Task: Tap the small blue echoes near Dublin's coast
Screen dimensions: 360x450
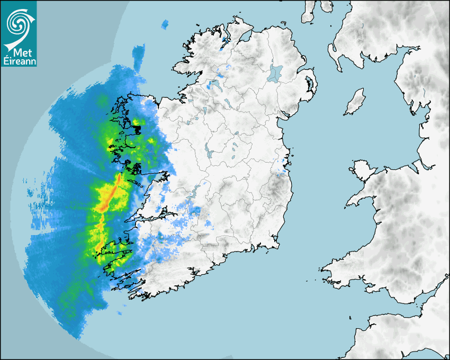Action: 283,169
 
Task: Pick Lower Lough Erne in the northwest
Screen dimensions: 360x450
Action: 217,85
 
